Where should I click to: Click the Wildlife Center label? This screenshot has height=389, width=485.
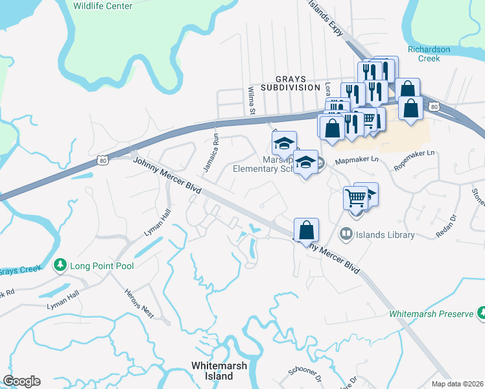(x=102, y=6)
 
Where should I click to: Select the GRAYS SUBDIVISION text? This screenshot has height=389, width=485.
(x=290, y=87)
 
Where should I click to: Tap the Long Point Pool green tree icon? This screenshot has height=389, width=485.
(x=60, y=265)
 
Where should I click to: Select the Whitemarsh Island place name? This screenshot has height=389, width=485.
(x=219, y=371)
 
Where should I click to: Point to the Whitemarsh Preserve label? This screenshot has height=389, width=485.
(x=431, y=314)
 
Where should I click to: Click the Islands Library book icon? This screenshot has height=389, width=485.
(x=346, y=235)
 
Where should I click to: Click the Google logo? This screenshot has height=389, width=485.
(x=21, y=381)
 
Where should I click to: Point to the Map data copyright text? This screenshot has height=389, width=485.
(x=456, y=384)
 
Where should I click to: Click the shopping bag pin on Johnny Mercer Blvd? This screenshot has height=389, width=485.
(x=306, y=231)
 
